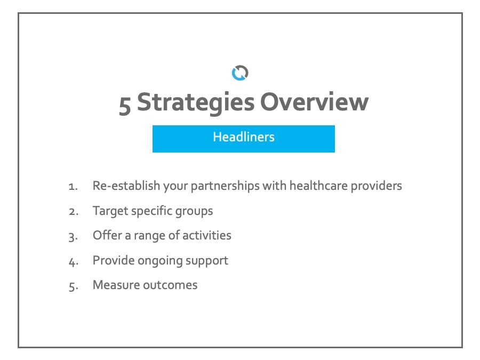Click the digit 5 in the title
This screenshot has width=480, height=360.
pos(125,105)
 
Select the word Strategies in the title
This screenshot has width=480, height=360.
pos(196,103)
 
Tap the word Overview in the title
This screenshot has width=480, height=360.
pos(314,102)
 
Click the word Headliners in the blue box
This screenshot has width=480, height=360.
pos(244,137)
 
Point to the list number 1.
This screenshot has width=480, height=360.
pos(73,187)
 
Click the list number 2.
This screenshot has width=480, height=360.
pos(74,212)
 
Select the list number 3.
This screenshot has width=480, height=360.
pos(73,237)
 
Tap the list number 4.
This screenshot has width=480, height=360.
pos(74,262)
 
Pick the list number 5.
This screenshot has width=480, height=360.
pos(74,286)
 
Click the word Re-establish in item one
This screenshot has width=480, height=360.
pos(126,186)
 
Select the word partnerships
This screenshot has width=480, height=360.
pos(225,186)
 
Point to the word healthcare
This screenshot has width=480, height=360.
pos(318,186)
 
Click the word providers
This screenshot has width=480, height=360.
pos(376,186)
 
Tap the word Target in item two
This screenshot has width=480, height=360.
pos(110,211)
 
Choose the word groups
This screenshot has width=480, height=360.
pos(194,211)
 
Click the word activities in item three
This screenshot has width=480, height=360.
pos(207,235)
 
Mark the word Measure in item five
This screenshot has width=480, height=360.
pos(116,285)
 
